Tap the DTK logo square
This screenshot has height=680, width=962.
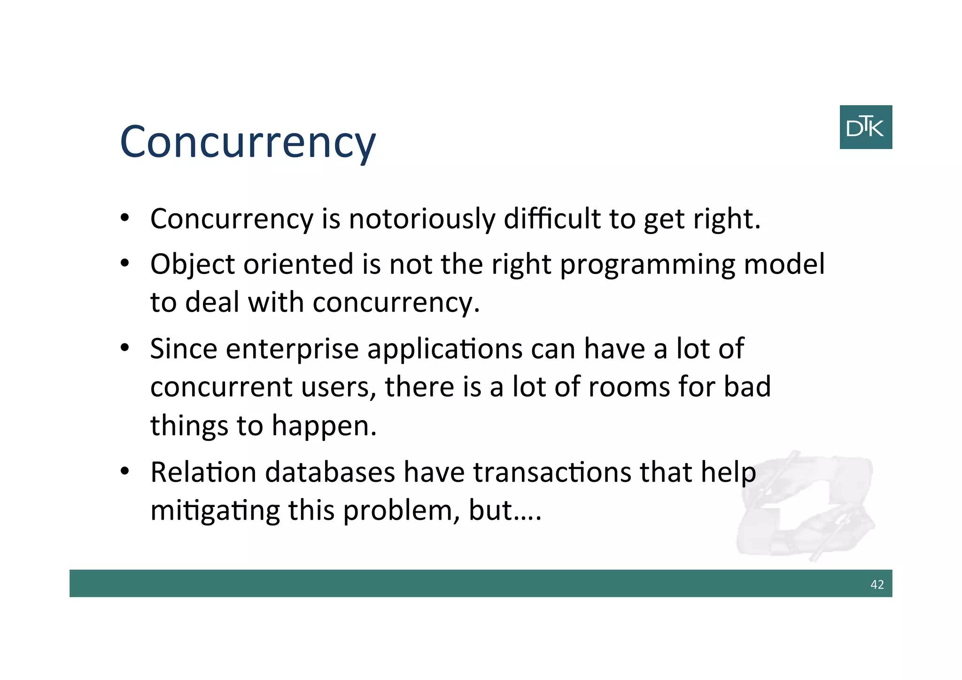point(865,127)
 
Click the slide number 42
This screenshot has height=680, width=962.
point(877,584)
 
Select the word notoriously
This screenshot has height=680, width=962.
point(421,219)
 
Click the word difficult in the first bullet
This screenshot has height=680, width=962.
point(552,219)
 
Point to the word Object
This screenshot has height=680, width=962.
point(193,264)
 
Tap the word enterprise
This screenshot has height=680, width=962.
point(292,349)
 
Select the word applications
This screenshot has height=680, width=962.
point(444,349)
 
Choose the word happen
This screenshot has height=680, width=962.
point(324,425)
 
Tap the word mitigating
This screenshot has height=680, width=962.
point(215,510)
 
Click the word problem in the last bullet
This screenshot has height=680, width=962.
point(401,510)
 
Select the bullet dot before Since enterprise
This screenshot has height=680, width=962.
point(124,348)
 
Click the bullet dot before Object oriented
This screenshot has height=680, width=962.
point(124,263)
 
